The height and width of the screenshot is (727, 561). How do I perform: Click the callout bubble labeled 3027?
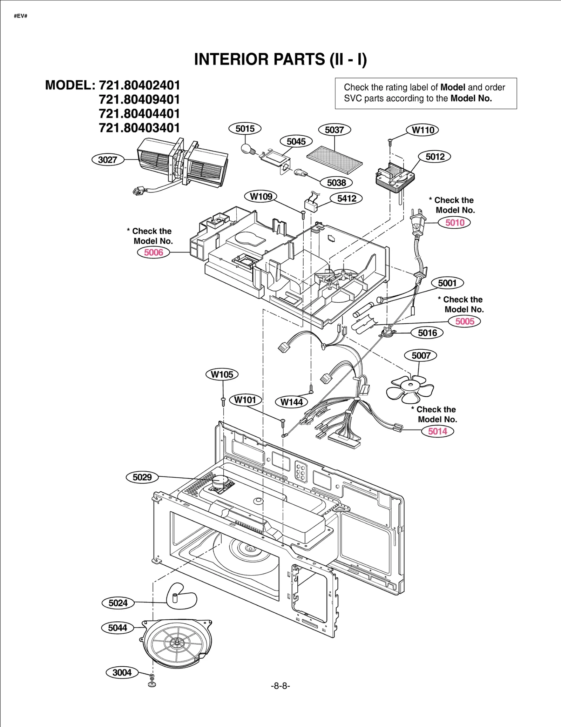tap(108, 160)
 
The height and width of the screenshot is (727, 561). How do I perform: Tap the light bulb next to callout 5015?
tap(246, 149)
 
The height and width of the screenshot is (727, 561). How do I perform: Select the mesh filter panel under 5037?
tap(334, 160)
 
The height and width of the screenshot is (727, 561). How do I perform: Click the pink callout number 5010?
tap(455, 222)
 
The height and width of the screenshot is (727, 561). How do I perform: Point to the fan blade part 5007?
tap(410, 389)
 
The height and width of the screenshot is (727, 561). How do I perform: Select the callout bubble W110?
tap(423, 130)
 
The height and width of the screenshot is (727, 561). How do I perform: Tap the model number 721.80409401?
tap(139, 100)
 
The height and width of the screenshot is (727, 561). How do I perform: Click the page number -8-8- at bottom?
tap(280, 686)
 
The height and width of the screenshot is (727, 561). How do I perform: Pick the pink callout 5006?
tap(154, 252)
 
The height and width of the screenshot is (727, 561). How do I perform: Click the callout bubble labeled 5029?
tap(142, 477)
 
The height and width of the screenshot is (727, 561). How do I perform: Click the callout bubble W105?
tap(222, 374)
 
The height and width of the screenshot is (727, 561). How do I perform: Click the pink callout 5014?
tap(438, 431)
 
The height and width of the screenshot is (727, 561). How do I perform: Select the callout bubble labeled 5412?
tap(346, 198)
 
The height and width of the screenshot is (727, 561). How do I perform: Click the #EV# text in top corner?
tap(21, 16)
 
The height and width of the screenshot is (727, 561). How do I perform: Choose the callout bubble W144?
tap(291, 402)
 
